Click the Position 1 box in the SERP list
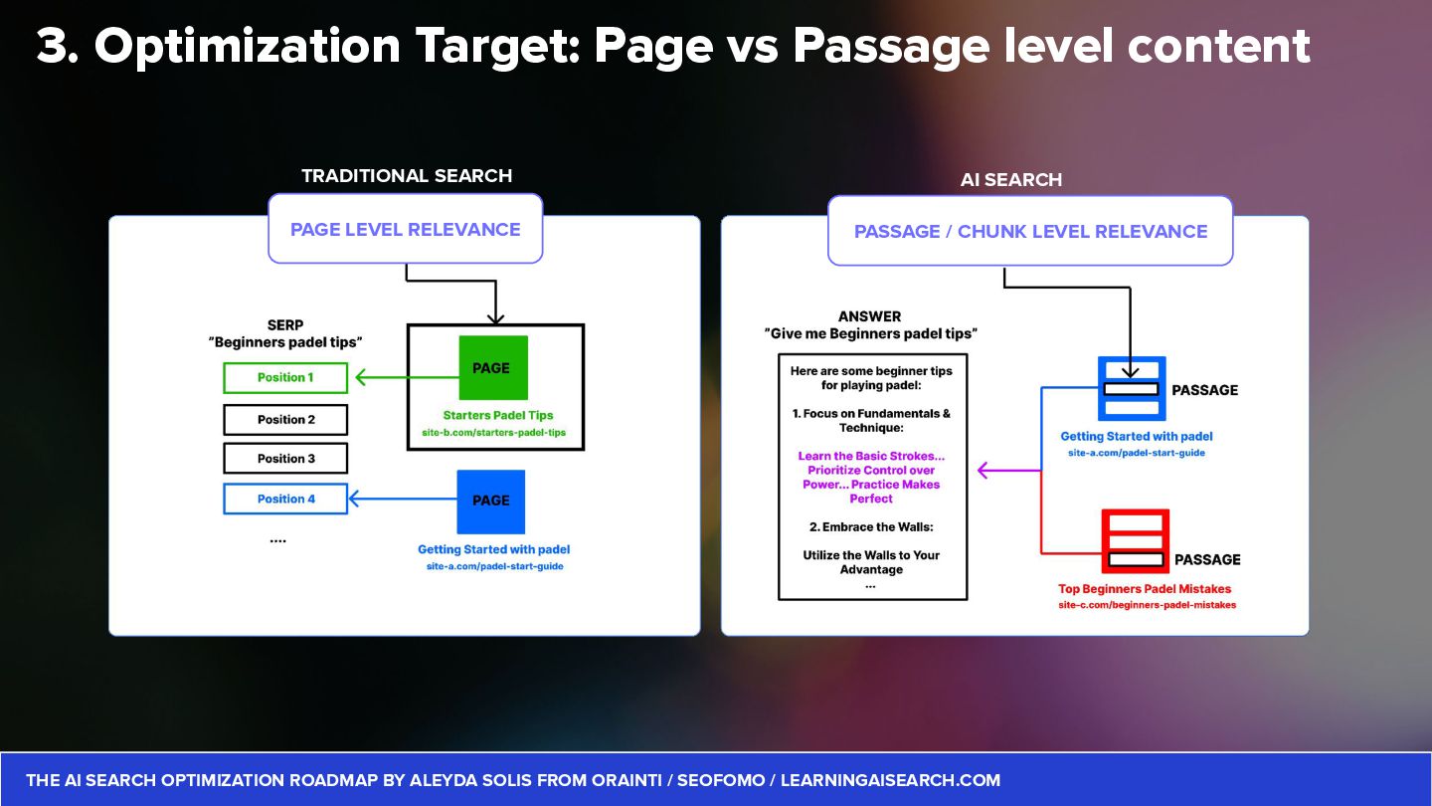285,378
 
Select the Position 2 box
285,420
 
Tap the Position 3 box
285,459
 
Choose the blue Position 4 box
285,499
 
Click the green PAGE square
492,368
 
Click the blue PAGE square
491,501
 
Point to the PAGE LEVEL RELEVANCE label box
406,230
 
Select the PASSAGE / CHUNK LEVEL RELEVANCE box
1030,232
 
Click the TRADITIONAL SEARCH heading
407,176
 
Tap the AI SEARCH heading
1011,180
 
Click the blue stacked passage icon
1132,389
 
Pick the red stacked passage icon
1135,541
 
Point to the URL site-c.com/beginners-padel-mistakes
1147,605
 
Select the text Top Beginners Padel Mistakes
1145,589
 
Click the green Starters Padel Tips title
498,416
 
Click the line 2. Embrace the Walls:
871,527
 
